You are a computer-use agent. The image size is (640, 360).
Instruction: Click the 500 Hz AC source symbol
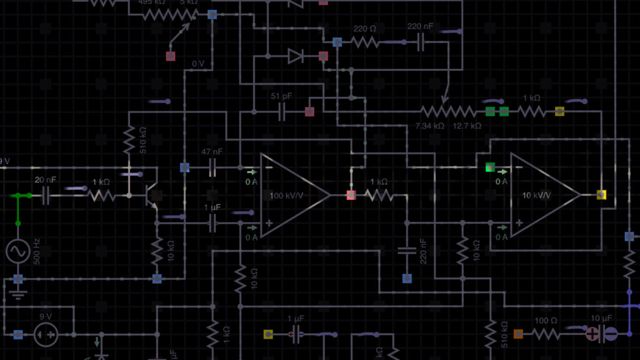coord(18,251)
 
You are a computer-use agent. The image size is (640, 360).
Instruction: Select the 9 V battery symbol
coord(46,335)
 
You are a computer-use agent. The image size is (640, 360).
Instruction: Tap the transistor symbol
coord(151,195)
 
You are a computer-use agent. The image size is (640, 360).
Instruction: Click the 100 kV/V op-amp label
coord(286,195)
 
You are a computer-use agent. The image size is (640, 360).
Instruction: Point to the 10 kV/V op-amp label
coord(536,195)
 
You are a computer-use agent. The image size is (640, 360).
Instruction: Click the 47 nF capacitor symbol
coord(212,167)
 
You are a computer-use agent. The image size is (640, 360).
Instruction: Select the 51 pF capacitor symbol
coord(282,112)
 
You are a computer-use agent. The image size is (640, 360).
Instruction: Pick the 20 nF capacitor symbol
coord(46,195)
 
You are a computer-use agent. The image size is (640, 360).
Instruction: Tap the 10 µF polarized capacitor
coord(602,334)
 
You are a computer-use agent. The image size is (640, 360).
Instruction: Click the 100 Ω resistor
coord(546,334)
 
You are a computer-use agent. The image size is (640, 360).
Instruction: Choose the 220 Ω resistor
coord(365,43)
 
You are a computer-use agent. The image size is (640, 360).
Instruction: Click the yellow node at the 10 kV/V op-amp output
coord(601,195)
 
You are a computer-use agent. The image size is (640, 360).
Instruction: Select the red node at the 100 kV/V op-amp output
coord(351,195)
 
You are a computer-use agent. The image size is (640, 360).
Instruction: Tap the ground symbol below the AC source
coord(18,295)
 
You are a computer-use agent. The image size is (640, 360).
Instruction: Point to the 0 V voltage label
coord(198,64)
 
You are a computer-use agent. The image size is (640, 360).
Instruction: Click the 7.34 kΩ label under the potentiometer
coord(430,126)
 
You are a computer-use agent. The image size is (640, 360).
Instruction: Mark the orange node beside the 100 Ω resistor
coord(518,334)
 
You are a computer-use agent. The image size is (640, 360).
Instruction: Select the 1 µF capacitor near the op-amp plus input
coord(212,223)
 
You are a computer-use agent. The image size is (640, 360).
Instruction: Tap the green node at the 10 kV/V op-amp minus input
coord(490,167)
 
